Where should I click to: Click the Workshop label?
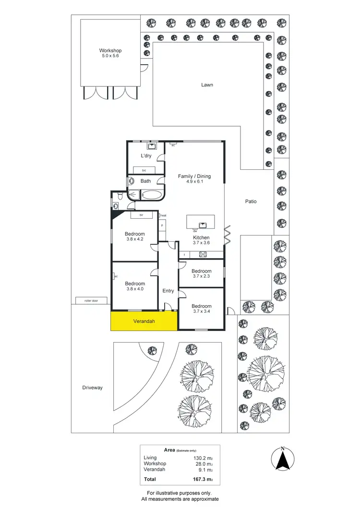pyautogui.click(x=110, y=50)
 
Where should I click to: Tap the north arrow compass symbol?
pyautogui.click(x=283, y=459)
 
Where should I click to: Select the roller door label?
pyautogui.click(x=91, y=301)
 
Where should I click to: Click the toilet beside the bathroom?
pyautogui.click(x=119, y=196)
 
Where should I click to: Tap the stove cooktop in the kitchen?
pyautogui.click(x=203, y=254)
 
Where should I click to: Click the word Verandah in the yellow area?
pyautogui.click(x=143, y=321)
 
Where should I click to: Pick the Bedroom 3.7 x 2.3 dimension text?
pyautogui.click(x=201, y=277)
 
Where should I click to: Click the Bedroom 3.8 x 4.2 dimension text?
pyautogui.click(x=135, y=240)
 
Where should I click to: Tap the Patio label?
pyautogui.click(x=251, y=201)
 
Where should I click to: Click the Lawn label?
pyautogui.click(x=207, y=85)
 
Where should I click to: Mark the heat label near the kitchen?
pyautogui.click(x=163, y=215)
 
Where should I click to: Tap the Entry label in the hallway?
pyautogui.click(x=168, y=291)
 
